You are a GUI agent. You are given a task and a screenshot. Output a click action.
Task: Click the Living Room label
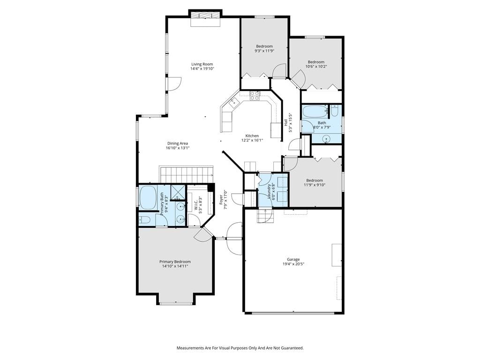coord(202,64)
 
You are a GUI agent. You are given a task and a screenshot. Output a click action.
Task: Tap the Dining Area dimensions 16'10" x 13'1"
coord(178,148)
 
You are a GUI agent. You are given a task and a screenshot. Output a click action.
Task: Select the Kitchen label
coord(252,135)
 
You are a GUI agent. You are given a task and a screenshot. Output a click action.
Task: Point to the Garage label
coord(293,259)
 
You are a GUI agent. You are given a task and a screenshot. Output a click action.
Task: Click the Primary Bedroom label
coord(175,262)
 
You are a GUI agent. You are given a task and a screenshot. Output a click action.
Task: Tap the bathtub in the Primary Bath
coord(148,198)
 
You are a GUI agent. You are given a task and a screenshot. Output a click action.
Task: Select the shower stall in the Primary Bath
coord(178,192)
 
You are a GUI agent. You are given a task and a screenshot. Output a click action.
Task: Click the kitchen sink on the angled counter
coord(233,102)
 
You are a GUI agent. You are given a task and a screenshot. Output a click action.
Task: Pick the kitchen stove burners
coord(255,96)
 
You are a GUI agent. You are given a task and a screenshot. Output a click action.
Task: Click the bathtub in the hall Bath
coord(315,112)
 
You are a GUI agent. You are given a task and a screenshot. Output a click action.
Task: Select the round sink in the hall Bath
coord(327,139)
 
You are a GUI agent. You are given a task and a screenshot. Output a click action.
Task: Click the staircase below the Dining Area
coord(186,174)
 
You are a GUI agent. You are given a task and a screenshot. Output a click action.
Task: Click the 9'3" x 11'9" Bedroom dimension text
coord(264,51)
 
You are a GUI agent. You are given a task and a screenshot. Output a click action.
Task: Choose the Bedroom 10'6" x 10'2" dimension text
coord(316,66)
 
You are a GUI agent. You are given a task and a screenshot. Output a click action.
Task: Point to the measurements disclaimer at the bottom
coord(240,348)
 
